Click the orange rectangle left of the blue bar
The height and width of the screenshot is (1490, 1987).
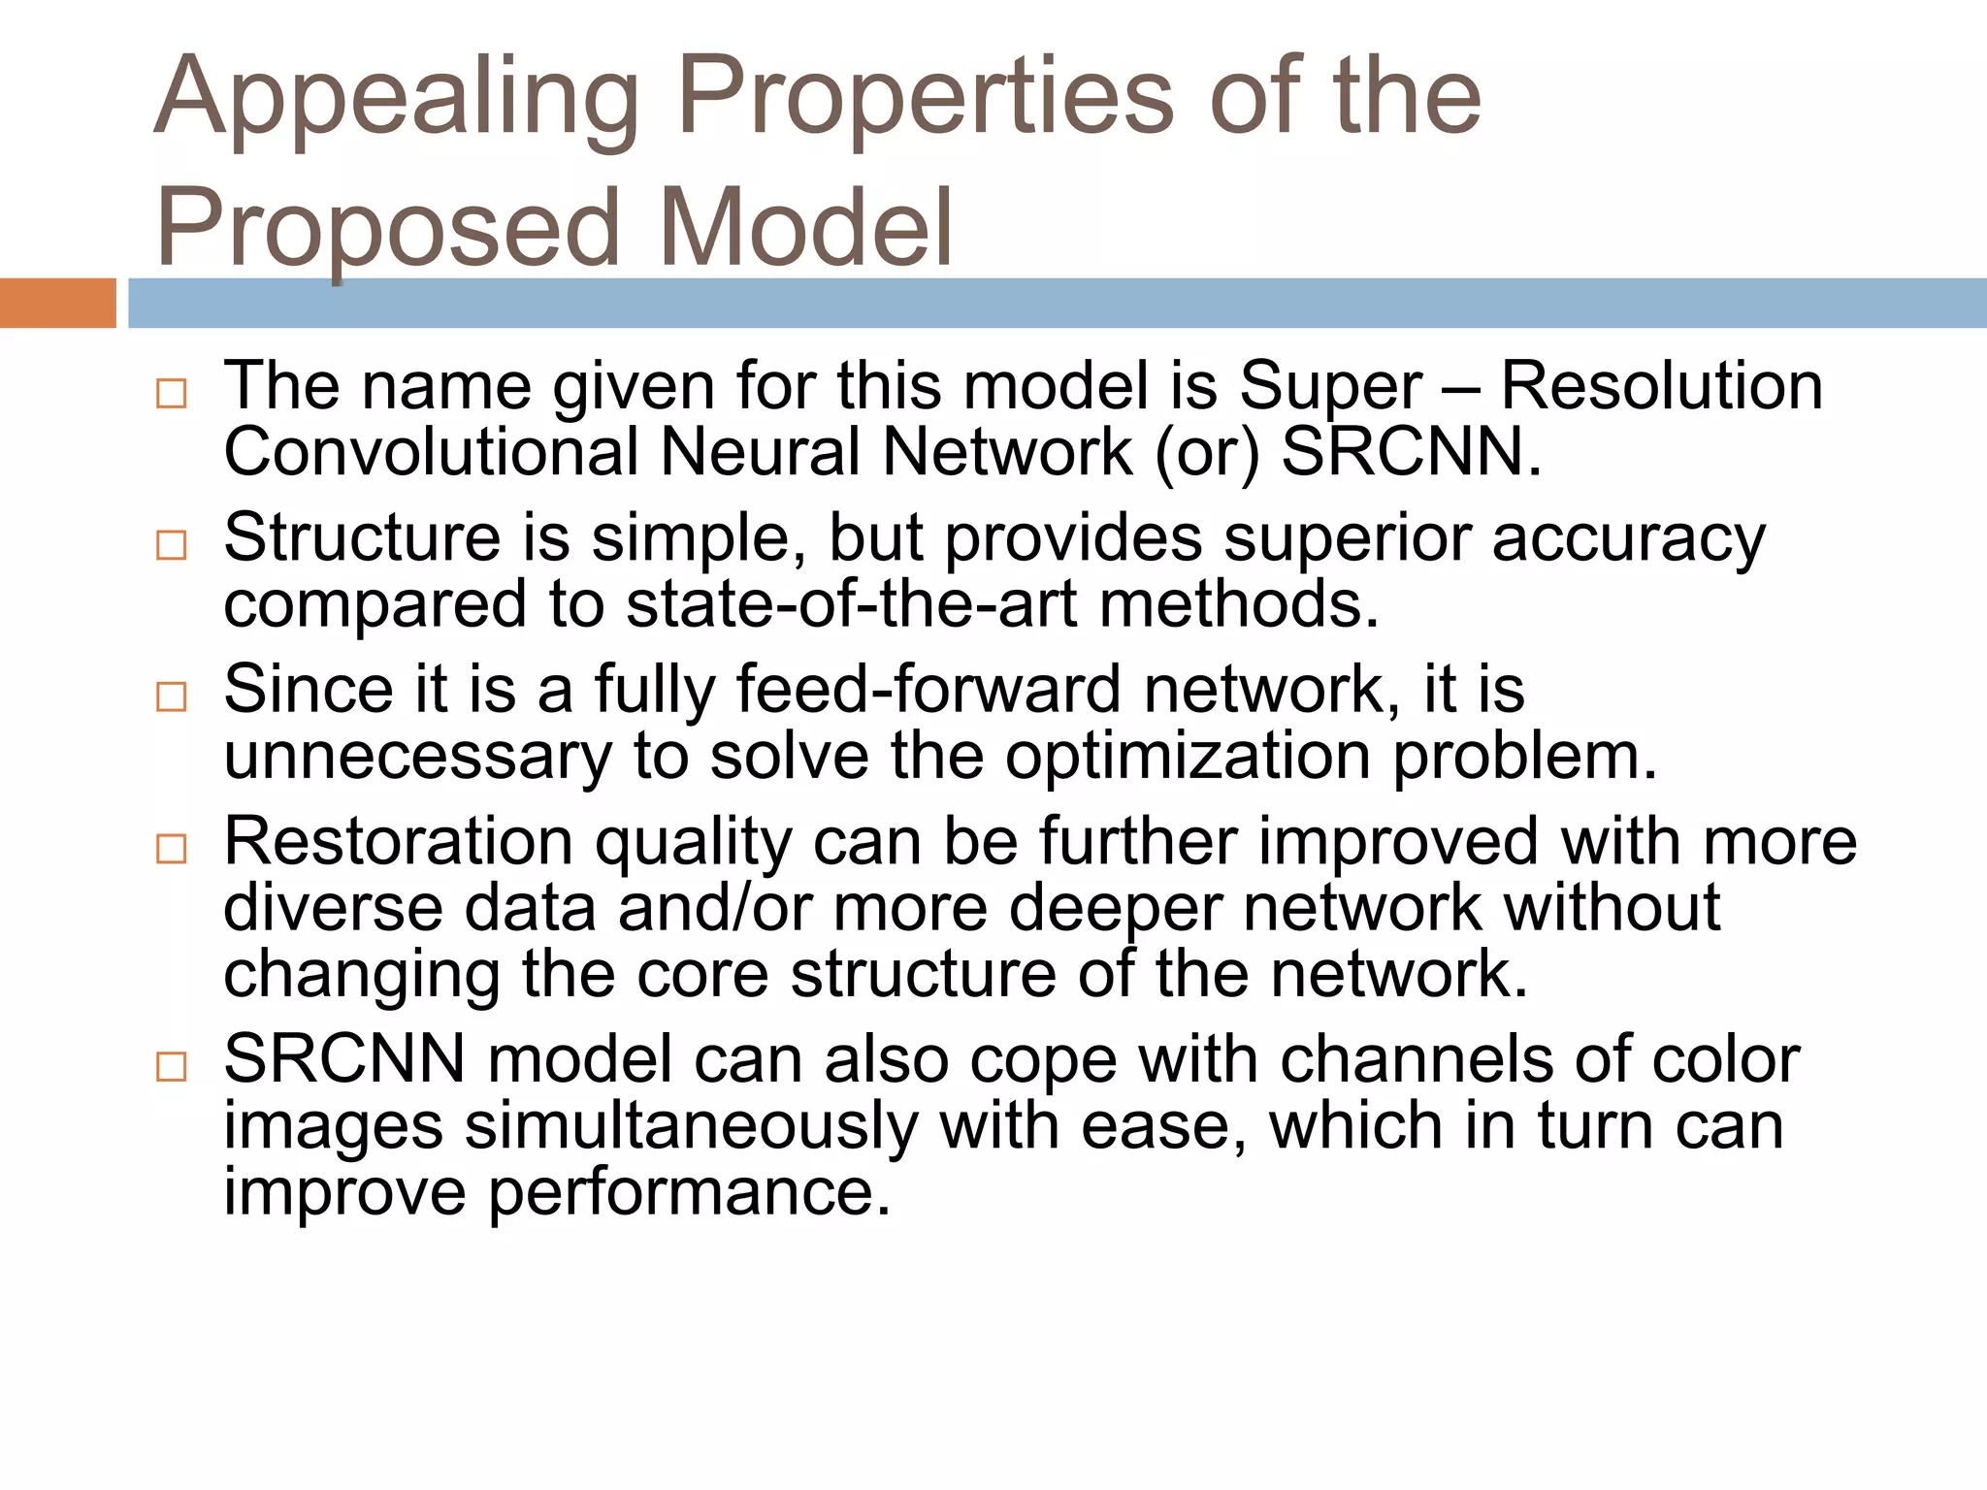57,303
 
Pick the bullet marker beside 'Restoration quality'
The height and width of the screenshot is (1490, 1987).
172,849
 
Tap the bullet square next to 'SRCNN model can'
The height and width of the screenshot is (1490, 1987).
172,1066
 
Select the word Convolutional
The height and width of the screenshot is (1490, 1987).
431,452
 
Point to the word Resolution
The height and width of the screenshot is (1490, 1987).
1661,386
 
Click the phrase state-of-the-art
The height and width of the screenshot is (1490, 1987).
851,603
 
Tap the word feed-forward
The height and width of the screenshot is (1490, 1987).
928,689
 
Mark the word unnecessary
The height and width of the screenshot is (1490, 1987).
417,757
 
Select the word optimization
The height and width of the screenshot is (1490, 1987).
1188,757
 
